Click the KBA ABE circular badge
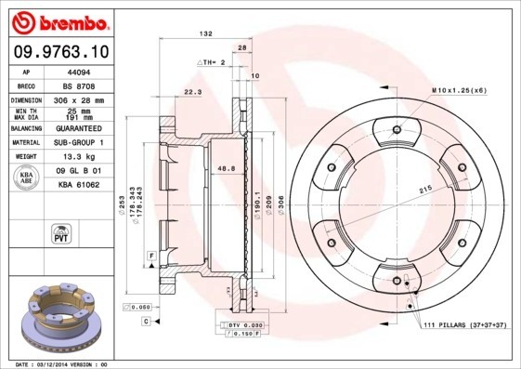(27, 178)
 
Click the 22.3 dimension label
(193, 92)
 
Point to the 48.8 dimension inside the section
(225, 168)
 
